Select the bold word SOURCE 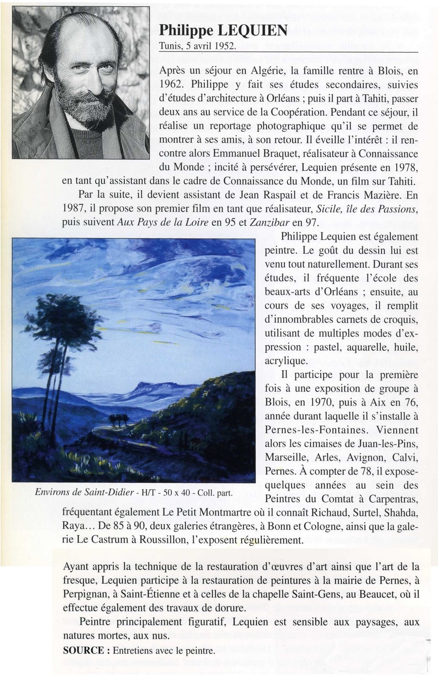83,651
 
